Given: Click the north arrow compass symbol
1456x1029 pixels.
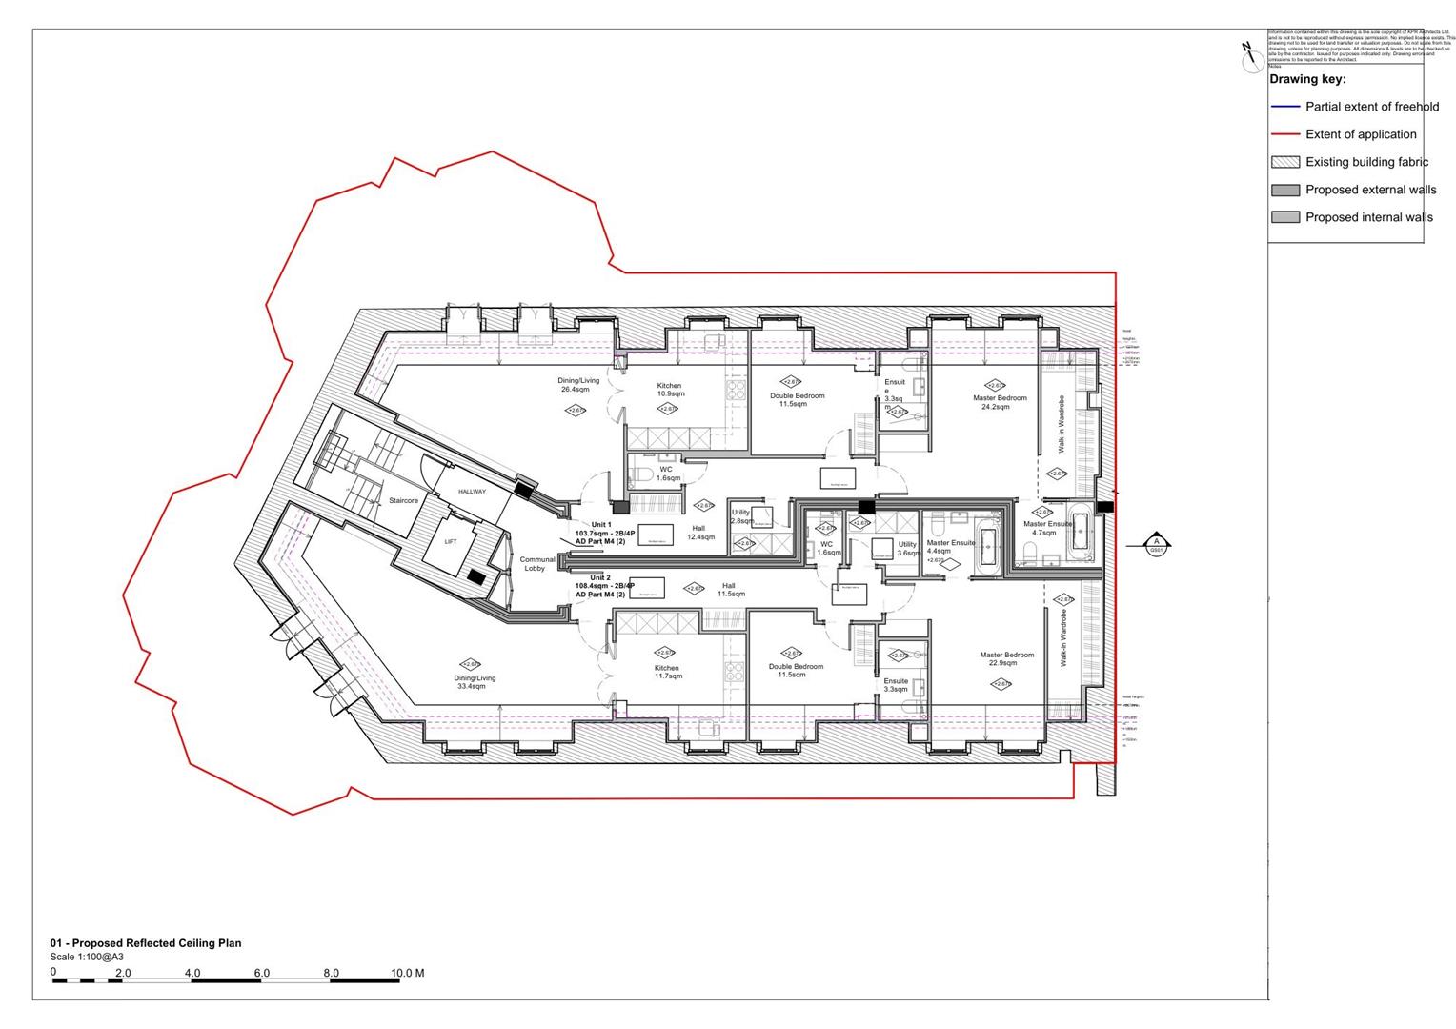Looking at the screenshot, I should click(1250, 57).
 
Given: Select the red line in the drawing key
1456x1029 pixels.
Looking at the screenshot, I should click(1284, 134).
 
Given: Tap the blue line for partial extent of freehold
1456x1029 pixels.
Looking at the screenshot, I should click(1284, 107).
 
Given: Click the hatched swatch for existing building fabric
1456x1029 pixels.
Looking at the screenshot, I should click(1284, 162).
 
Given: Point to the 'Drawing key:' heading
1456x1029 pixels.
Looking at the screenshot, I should click(1307, 79).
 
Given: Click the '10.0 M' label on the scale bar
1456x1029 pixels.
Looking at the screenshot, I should click(407, 973).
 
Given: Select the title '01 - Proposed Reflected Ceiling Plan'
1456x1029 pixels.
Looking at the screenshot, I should click(146, 943).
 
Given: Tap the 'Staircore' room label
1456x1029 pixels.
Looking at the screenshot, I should click(403, 500).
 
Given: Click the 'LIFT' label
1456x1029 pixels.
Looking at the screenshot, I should click(451, 541).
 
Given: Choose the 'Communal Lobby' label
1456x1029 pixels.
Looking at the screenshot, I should click(536, 564).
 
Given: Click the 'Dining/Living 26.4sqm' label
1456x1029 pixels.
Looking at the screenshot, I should click(578, 385).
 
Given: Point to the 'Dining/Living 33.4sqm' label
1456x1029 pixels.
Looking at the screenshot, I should click(475, 682).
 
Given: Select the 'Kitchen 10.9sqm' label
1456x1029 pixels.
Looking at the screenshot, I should click(670, 390).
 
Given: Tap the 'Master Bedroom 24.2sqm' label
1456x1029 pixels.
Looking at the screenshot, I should click(1000, 402).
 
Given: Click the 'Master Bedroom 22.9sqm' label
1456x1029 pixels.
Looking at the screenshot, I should click(1006, 658).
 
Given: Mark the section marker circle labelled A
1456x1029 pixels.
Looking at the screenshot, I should click(1157, 544).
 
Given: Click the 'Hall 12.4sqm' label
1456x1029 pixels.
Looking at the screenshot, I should click(699, 533).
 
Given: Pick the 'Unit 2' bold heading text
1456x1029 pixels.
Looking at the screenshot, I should click(599, 577).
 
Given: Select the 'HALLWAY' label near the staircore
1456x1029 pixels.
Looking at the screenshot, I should click(472, 492).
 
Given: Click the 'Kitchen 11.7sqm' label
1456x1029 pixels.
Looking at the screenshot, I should click(667, 672).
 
